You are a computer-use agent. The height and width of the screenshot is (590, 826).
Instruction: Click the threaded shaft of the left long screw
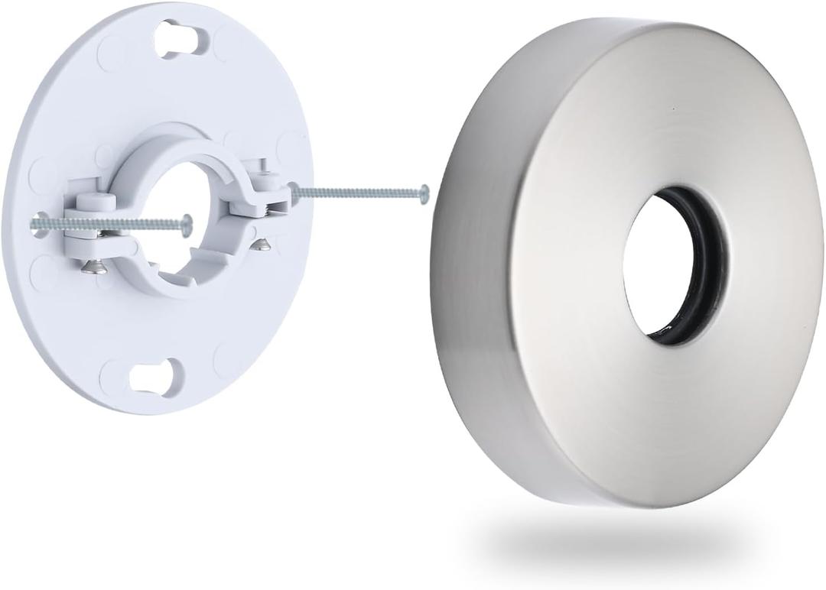point(107,222)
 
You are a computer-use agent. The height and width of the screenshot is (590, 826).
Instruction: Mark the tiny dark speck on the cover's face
point(673,109)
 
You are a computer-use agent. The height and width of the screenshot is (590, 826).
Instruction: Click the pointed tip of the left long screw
point(32,222)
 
